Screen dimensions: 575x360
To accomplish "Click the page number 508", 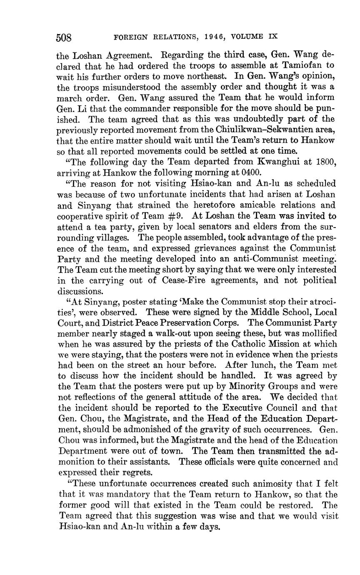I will [x=64, y=38].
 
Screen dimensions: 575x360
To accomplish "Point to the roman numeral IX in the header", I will [x=272, y=37].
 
